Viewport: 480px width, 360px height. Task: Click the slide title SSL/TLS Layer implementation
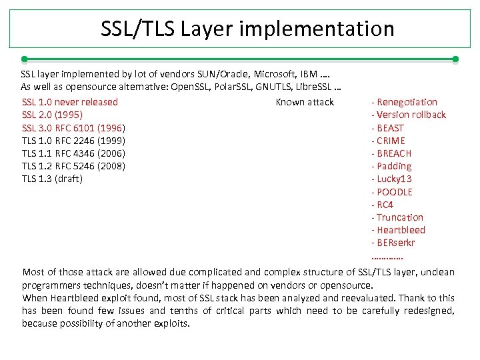pos(247,29)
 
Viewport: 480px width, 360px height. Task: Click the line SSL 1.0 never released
pos(70,102)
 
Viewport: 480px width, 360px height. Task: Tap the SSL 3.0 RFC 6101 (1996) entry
pos(74,127)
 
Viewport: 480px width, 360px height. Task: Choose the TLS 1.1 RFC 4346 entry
pos(73,153)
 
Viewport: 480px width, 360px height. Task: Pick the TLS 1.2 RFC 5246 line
pos(73,166)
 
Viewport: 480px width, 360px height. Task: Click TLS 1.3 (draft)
pos(52,179)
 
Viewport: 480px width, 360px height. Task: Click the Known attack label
pos(305,102)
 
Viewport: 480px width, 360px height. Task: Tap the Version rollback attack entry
pos(409,115)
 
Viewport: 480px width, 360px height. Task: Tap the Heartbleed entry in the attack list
pos(399,230)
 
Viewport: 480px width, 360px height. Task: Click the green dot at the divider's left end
pos(24,59)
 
